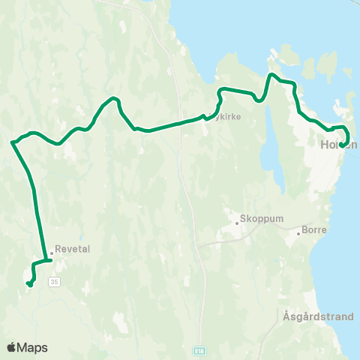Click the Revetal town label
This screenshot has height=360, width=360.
pyautogui.click(x=73, y=250)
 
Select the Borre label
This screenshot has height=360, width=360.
pyautogui.click(x=313, y=231)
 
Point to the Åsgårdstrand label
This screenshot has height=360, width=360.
pyautogui.click(x=319, y=316)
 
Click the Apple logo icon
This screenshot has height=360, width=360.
pyautogui.click(x=12, y=347)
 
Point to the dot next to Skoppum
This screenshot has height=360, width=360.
pyautogui.click(x=235, y=221)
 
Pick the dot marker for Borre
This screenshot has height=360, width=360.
pyautogui.click(x=298, y=233)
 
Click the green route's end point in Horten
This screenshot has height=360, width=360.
pyautogui.click(x=341, y=145)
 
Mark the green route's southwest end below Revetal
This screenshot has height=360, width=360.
pyautogui.click(x=28, y=283)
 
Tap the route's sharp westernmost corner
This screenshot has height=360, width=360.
pyautogui.click(x=12, y=141)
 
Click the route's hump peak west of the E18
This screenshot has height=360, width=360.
pyautogui.click(x=113, y=98)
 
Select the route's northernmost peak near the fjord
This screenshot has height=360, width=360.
pyautogui.click(x=271, y=74)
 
